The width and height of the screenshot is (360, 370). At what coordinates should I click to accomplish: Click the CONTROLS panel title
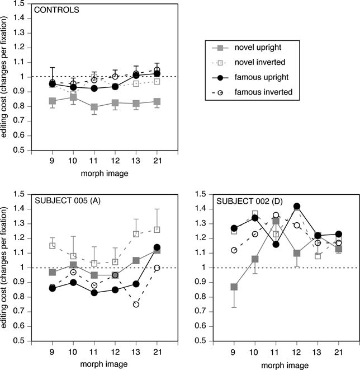pyautogui.click(x=56, y=10)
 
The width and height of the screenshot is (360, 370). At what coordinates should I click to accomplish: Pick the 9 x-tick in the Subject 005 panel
pyautogui.click(x=52, y=352)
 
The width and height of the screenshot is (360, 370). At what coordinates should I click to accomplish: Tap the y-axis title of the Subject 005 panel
pyautogui.click(x=7, y=268)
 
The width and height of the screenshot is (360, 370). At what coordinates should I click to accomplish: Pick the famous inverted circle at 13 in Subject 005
pyautogui.click(x=136, y=304)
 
